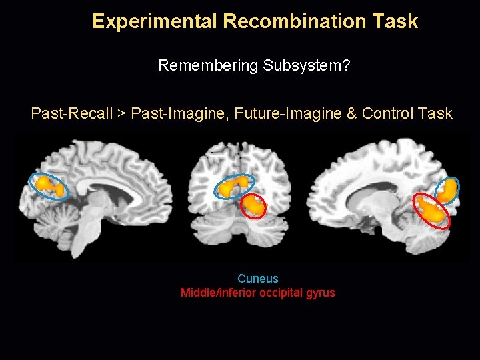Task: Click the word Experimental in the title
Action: pos(155,21)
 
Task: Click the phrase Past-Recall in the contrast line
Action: pos(71,113)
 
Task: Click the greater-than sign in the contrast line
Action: pos(121,114)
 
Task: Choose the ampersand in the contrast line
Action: pos(351,113)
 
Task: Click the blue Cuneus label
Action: pos(258,279)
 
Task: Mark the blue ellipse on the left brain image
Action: pos(48,186)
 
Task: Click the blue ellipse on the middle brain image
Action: pos(233,187)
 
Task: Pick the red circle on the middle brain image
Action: pos(253,207)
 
